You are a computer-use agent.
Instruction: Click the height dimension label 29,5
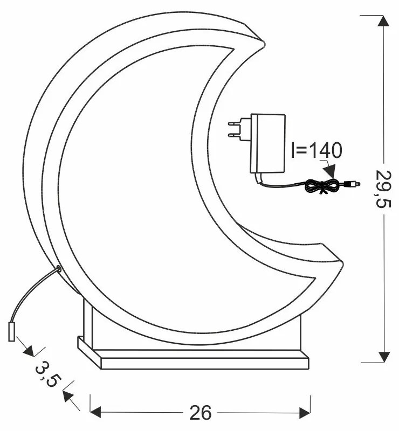coord(383,188)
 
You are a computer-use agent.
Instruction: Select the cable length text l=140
coord(314,151)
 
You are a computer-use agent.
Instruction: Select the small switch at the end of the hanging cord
coord(11,332)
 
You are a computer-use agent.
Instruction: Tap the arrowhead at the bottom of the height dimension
coord(383,356)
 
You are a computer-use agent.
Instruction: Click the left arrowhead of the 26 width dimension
coord(95,413)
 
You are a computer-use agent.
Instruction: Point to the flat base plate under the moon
coord(194,358)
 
